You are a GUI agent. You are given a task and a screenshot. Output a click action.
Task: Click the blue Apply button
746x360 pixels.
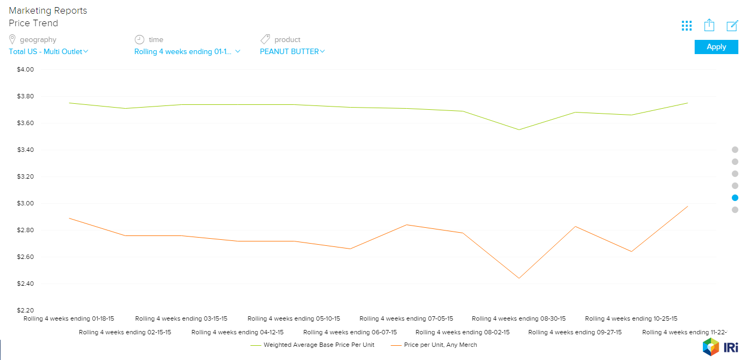[x=716, y=47]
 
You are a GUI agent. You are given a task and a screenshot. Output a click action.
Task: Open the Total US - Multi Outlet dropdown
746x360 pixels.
[x=48, y=52]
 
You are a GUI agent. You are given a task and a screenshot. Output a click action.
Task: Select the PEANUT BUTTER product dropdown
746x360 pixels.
[x=292, y=52]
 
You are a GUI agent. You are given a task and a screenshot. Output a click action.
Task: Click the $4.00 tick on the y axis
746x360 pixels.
[x=26, y=70]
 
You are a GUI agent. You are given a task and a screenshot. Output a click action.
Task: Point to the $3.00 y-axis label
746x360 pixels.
[x=26, y=204]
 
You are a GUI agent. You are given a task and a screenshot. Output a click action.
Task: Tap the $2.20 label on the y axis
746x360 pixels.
[x=26, y=310]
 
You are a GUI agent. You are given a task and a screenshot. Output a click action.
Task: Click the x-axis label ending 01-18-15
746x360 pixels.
[x=69, y=318]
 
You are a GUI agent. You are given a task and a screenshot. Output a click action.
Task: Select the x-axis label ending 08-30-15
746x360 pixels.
[x=518, y=318]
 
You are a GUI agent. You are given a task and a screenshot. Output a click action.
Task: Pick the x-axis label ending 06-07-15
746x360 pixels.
[x=350, y=332]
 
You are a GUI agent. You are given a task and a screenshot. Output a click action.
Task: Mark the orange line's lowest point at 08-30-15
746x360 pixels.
[x=519, y=278]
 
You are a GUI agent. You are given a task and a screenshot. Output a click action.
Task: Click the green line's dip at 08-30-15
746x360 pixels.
[x=519, y=129]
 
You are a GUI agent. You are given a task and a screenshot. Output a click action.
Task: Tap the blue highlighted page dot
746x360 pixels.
[x=735, y=198]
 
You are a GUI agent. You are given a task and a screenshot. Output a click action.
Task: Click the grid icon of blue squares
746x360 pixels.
[x=686, y=26]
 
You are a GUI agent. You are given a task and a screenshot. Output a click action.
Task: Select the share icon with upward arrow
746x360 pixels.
[x=709, y=25]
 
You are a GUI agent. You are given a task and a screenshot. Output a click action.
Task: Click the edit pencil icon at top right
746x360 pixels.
[x=732, y=26]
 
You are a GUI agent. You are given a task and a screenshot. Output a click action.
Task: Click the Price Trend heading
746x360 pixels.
[x=33, y=23]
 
